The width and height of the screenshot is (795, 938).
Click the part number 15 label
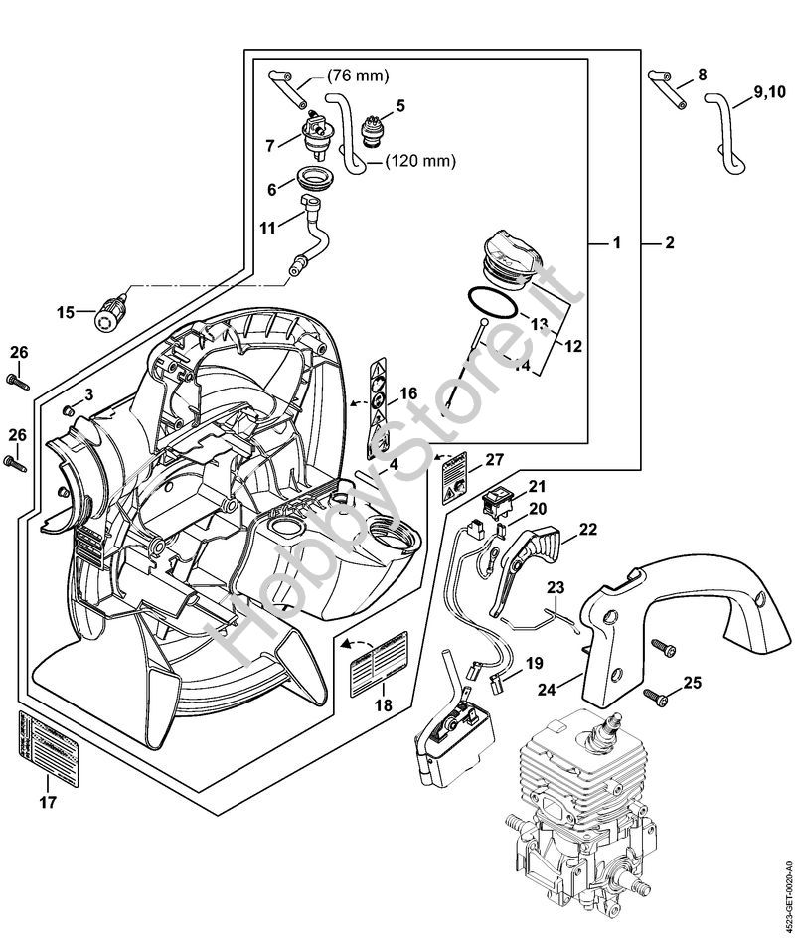click(65, 312)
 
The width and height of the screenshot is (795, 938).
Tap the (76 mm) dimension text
click(359, 76)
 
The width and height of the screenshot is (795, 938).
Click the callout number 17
click(47, 801)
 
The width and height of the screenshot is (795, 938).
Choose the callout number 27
click(495, 460)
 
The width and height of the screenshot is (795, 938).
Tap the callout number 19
click(534, 663)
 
